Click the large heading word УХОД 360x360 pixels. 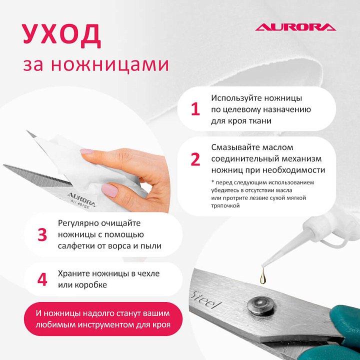pos(62,35)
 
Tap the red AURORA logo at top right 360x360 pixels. pos(295,27)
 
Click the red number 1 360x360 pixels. pos(195,109)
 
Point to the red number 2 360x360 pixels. pos(195,159)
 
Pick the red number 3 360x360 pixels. pos(42,234)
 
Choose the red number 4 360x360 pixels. pos(42,279)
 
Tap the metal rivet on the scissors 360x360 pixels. pos(260,305)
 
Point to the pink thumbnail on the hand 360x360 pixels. pos(109,190)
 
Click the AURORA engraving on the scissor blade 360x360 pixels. pos(81,199)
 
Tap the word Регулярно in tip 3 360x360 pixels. pos(77,223)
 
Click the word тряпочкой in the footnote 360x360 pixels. pos(225,205)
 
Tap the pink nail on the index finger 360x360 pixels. pos(87,151)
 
